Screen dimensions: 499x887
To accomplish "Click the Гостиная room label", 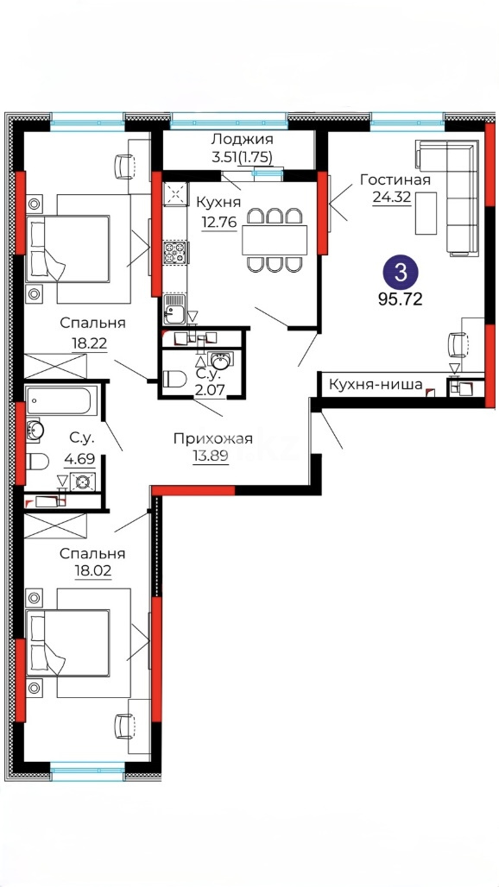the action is pos(395,179).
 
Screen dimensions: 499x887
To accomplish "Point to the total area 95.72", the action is pos(401,299).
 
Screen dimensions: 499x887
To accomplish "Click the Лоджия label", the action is pos(242,139).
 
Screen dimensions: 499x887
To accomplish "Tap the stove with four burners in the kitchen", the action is pos(174,252).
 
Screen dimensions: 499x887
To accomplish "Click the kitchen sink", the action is pos(174,309).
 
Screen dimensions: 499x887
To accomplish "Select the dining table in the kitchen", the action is pos(275,240).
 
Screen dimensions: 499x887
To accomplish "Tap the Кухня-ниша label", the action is pos(375,386).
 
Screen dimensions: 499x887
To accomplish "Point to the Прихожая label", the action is pos(212,438).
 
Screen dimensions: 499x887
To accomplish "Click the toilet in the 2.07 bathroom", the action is pos(174,379).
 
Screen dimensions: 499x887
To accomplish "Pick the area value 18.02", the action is pos(92,570).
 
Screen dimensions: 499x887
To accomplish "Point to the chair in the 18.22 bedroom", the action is pos(125,166).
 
